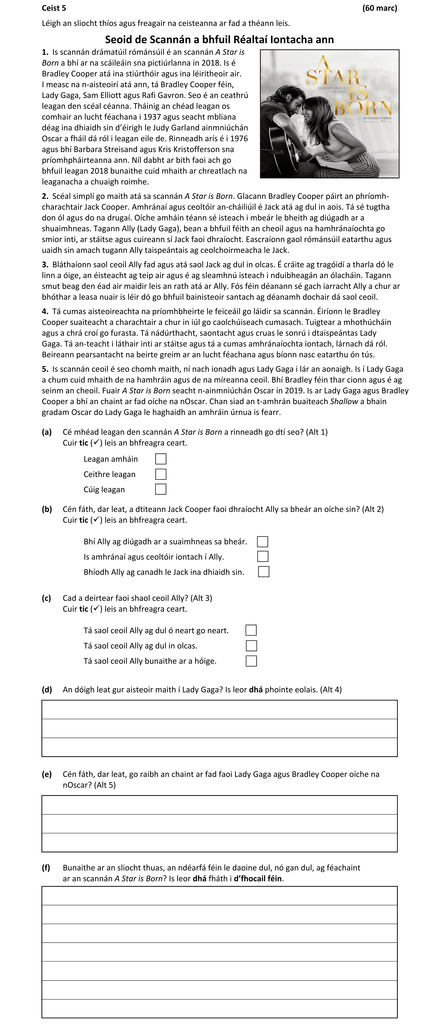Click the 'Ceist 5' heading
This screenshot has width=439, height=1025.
[54, 8]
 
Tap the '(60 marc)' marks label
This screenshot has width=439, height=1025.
[379, 8]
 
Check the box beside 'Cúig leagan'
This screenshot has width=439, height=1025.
[160, 489]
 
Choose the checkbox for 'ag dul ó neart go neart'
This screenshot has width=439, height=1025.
[251, 630]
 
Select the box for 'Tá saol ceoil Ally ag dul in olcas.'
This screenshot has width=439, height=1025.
[251, 646]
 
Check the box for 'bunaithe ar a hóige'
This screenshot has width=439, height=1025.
[251, 661]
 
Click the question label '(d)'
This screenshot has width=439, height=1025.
[47, 689]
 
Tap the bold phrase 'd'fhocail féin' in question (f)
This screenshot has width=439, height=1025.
[258, 878]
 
